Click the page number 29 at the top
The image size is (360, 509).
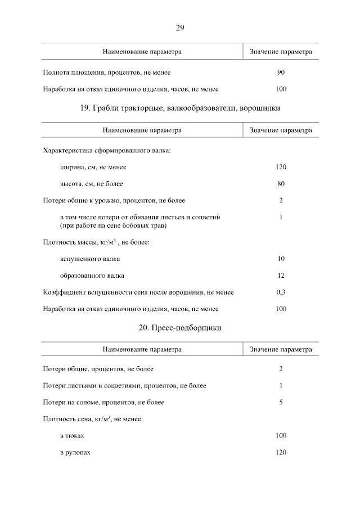(x=180, y=27)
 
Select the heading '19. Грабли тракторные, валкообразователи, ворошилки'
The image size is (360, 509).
(x=180, y=107)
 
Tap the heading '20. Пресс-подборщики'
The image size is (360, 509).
(x=180, y=327)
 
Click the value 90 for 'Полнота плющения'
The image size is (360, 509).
(x=281, y=73)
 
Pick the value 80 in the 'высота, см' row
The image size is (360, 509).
(x=281, y=184)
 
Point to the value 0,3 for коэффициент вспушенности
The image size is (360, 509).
(x=281, y=292)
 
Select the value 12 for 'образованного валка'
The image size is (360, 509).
(x=281, y=276)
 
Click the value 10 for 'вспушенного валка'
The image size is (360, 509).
(x=281, y=259)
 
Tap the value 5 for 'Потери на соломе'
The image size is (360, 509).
(x=281, y=402)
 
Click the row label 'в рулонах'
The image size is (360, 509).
(x=75, y=453)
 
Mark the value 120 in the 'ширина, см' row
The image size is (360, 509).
(x=281, y=167)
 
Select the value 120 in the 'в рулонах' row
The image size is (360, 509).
(x=281, y=453)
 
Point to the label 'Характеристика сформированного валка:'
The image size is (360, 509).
(x=107, y=151)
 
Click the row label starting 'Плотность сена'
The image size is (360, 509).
(x=93, y=419)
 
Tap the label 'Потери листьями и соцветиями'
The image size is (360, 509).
(x=124, y=386)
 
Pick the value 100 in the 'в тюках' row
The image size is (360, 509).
(x=281, y=436)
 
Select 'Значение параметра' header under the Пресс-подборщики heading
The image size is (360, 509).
(x=281, y=349)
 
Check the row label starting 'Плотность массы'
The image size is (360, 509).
(x=96, y=242)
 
